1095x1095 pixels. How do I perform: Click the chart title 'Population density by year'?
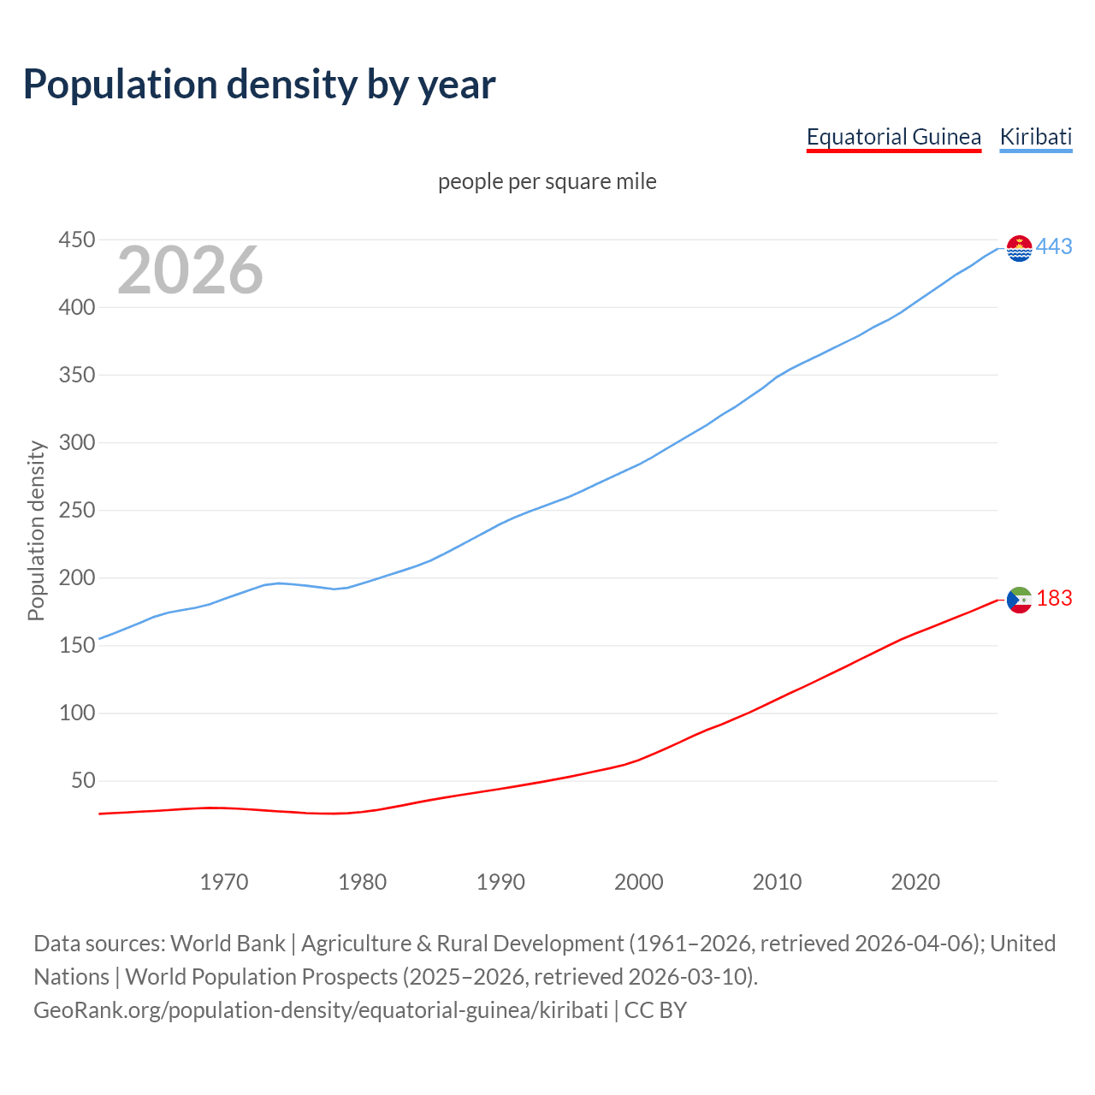(x=259, y=84)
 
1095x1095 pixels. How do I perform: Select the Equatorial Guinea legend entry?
(x=893, y=137)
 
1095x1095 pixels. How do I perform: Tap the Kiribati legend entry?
(x=1035, y=137)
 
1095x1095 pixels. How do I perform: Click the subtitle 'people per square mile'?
(x=547, y=181)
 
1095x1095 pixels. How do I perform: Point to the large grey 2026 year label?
(x=190, y=270)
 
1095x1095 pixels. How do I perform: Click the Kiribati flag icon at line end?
(x=1019, y=248)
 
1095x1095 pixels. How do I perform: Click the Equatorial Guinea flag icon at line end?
(x=1019, y=600)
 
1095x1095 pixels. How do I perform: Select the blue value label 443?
(x=1054, y=247)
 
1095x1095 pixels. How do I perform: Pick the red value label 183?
(x=1054, y=599)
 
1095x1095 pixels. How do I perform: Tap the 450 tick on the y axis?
(x=76, y=240)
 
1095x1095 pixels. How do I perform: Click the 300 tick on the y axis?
(x=76, y=443)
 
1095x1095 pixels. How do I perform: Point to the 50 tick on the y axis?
(x=82, y=781)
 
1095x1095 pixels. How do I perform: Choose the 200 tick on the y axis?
(x=76, y=578)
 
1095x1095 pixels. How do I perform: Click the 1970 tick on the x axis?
(x=224, y=882)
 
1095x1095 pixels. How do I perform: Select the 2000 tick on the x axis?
(x=638, y=882)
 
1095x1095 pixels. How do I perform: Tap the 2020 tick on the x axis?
(x=915, y=882)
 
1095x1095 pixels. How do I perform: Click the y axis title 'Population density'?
(x=36, y=530)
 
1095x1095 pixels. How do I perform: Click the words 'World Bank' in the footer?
(x=228, y=944)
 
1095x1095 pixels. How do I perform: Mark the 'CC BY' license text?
(x=655, y=1010)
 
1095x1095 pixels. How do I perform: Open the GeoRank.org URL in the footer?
(x=321, y=1010)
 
